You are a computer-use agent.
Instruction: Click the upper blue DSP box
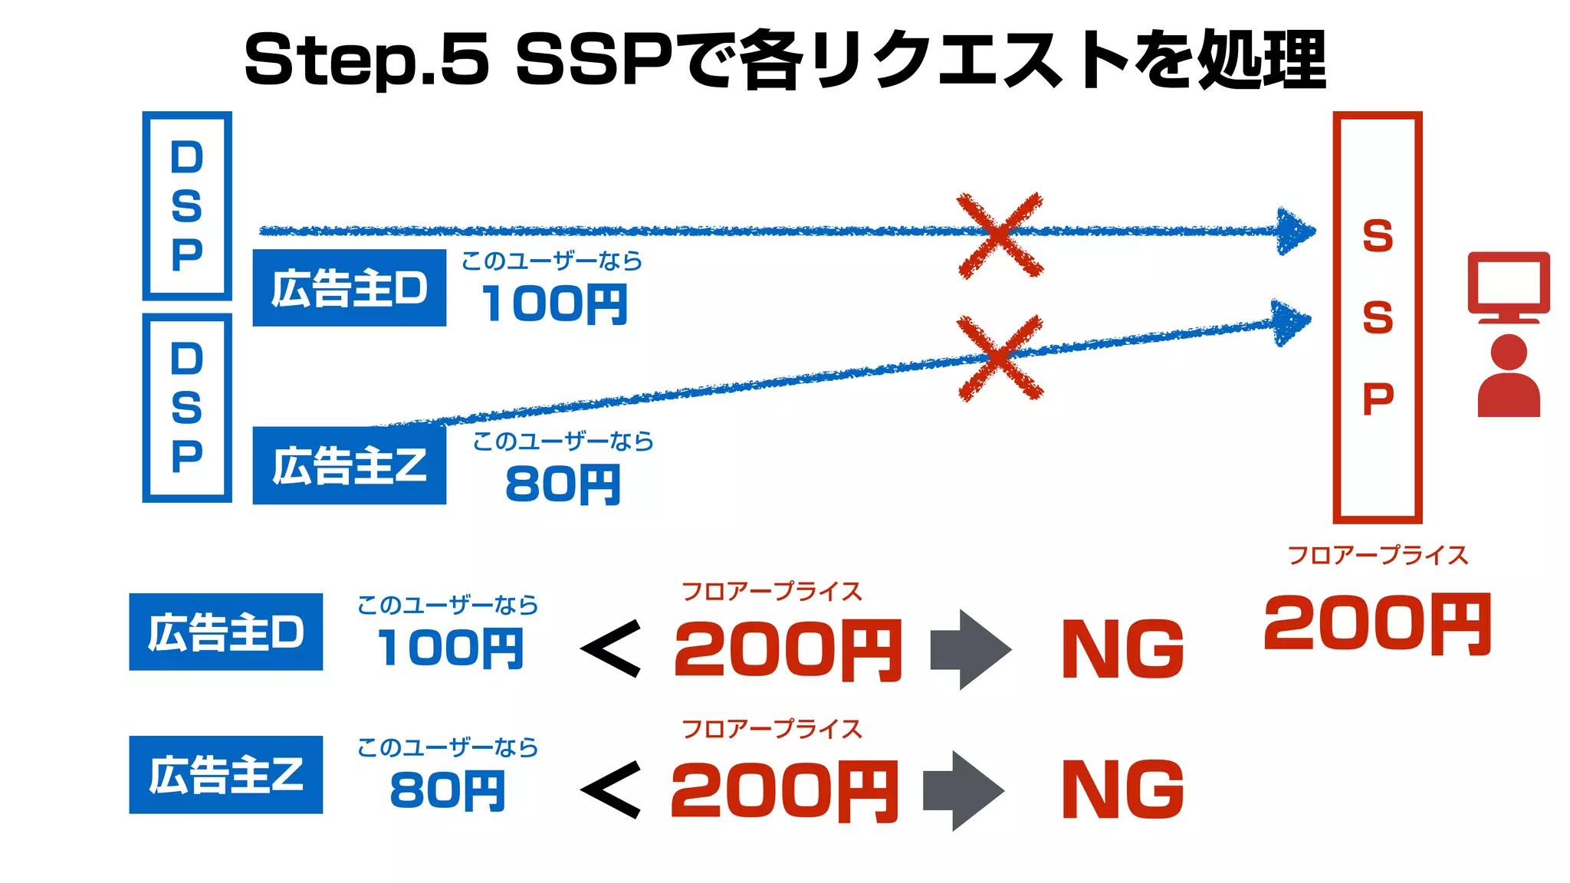click(x=187, y=205)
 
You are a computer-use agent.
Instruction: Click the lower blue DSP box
click(x=187, y=407)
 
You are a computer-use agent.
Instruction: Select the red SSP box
click(x=1378, y=317)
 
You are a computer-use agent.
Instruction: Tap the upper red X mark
click(x=1000, y=235)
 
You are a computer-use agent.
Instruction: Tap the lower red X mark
click(x=1000, y=357)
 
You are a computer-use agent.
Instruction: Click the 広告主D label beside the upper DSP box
click(x=350, y=288)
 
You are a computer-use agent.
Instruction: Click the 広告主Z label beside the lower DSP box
click(x=350, y=465)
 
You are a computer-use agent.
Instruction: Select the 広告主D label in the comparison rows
click(x=226, y=632)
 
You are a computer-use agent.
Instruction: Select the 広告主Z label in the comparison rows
click(x=226, y=774)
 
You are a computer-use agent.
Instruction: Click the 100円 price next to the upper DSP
click(x=554, y=304)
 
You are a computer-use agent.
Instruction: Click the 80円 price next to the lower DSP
click(x=563, y=484)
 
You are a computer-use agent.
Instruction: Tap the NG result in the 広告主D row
click(x=1123, y=649)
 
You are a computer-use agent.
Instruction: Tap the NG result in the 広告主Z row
click(x=1123, y=789)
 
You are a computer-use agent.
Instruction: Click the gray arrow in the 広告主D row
click(x=971, y=650)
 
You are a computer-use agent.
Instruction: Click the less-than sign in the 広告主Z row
click(x=611, y=789)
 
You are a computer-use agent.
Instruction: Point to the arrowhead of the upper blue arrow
click(x=1295, y=231)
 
